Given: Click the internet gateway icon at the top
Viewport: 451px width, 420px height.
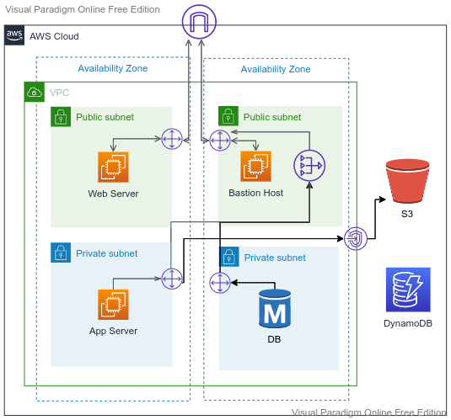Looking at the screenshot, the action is [199, 22].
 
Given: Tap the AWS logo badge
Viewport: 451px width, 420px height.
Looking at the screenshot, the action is [14, 35].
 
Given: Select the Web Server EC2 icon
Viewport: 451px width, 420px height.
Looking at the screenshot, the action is [113, 167].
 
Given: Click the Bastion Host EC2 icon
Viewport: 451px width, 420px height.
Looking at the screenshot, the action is [255, 166].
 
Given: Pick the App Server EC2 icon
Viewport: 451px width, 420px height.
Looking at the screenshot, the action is [113, 305].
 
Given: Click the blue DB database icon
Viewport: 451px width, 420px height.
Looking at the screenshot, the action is [275, 309].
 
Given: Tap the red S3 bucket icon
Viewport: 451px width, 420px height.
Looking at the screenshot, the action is [407, 181].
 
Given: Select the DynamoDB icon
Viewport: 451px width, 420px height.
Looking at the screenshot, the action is [408, 290].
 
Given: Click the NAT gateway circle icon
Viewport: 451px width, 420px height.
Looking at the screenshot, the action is [309, 166].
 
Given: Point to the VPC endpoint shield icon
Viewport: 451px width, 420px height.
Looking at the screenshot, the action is [356, 238].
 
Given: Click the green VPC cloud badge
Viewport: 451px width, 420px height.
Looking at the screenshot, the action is [35, 92].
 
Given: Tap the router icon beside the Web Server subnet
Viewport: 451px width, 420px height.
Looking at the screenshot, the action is [172, 139].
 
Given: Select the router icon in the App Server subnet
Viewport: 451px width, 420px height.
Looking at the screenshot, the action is [172, 279].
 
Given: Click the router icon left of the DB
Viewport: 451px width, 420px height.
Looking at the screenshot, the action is [220, 283].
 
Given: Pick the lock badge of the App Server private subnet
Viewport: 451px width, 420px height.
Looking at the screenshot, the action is [61, 253].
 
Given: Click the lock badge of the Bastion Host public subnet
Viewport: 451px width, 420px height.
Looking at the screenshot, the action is [228, 116].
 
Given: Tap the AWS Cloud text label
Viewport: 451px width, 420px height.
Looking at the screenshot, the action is [54, 36].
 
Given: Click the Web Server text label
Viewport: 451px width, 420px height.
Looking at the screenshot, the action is [113, 194].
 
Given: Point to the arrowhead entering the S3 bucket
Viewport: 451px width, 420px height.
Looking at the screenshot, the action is [383, 199].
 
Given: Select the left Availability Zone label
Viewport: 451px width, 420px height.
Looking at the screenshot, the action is [113, 68].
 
